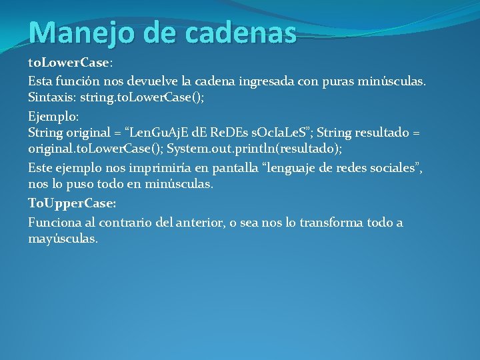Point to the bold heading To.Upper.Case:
click(72, 203)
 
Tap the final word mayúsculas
click(63, 239)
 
